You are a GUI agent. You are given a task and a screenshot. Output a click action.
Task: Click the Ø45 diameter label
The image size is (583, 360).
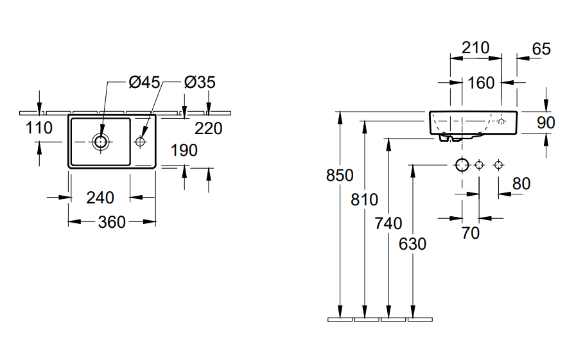click(x=144, y=82)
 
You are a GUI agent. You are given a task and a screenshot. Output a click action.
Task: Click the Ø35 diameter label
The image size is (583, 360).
click(x=199, y=82)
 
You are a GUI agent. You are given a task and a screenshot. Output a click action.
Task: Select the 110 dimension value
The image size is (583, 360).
click(x=39, y=128)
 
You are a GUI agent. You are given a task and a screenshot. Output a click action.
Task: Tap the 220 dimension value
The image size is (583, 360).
click(x=209, y=129)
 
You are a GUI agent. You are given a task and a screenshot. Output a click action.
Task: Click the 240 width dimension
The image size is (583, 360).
click(x=100, y=198)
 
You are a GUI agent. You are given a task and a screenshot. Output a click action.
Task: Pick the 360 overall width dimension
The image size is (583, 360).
click(x=112, y=222)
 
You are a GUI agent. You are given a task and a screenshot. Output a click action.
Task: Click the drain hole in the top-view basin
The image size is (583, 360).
click(x=101, y=141)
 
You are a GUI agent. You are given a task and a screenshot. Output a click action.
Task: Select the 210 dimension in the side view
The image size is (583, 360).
click(x=475, y=47)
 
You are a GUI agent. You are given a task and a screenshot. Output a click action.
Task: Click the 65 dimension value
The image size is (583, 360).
click(x=541, y=48)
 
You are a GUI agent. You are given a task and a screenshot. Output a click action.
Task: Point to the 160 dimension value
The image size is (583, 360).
click(x=481, y=83)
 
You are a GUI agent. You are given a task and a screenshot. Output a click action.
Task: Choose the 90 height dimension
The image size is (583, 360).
click(x=545, y=123)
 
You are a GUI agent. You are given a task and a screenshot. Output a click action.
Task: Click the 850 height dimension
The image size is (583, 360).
click(x=340, y=175)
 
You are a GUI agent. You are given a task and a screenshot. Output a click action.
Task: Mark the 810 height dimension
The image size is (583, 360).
click(x=365, y=200)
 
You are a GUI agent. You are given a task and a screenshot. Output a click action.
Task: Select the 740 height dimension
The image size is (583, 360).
click(x=388, y=223)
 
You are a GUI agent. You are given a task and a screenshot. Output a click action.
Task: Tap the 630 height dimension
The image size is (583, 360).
click(x=412, y=244)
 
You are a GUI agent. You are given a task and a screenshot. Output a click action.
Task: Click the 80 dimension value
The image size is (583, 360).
click(x=521, y=184)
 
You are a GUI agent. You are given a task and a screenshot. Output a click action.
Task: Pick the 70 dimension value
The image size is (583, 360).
click(x=471, y=233)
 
